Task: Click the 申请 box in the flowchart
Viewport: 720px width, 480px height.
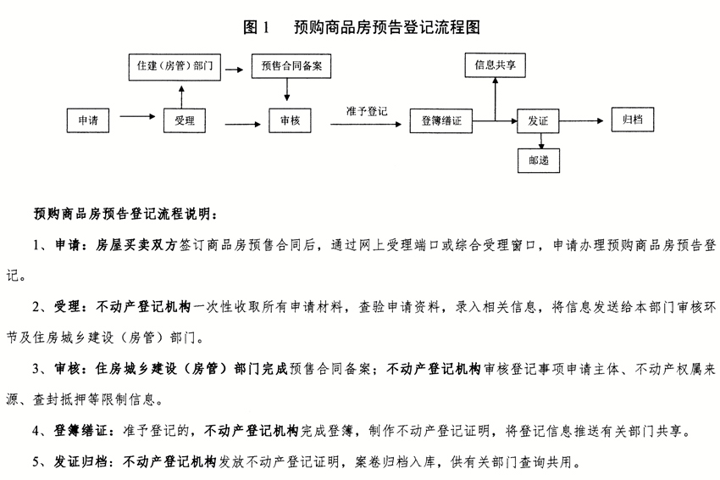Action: [x=88, y=120]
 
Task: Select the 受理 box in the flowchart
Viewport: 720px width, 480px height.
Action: [x=184, y=120]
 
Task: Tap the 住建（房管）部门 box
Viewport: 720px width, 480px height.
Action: [x=174, y=67]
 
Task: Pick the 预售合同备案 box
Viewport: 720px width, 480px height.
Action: [x=291, y=66]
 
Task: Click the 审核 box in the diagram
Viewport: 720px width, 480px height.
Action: [x=290, y=120]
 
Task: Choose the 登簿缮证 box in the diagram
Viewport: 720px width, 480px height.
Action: [x=440, y=121]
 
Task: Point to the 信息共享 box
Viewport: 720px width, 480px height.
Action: [x=495, y=65]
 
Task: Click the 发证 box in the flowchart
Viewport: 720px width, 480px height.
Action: [x=538, y=121]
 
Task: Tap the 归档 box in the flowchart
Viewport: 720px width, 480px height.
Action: [x=632, y=120]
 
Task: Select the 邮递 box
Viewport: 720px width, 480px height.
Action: [x=539, y=160]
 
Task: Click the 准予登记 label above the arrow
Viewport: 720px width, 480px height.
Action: [x=367, y=111]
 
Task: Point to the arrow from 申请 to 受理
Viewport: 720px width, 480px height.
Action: [x=138, y=116]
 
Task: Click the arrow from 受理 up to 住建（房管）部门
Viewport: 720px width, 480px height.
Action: [x=182, y=97]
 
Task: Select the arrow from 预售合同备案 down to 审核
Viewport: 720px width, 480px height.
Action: [x=287, y=90]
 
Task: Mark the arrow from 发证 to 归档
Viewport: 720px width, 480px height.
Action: [x=581, y=121]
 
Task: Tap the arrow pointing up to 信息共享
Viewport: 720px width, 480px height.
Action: [x=495, y=99]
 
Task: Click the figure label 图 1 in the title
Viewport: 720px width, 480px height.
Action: [x=256, y=28]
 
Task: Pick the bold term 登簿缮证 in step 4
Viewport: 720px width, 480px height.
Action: [x=80, y=431]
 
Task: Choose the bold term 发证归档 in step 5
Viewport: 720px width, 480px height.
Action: [x=80, y=461]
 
